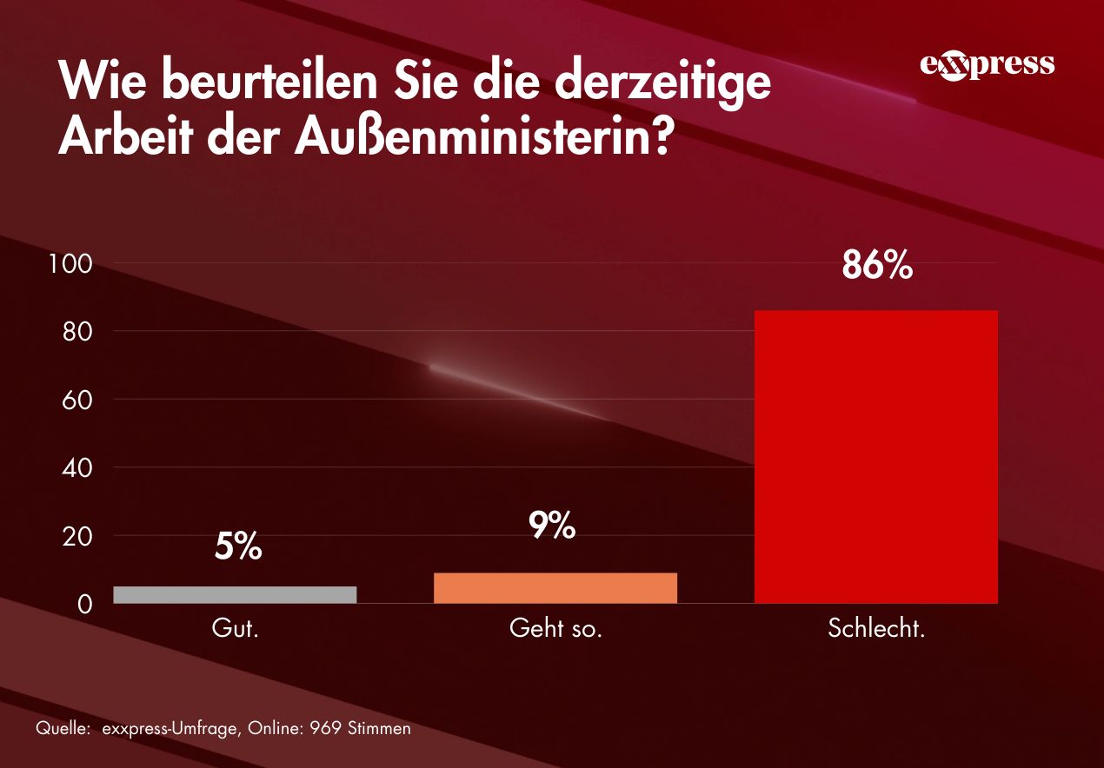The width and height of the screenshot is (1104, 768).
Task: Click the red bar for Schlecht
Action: [x=875, y=456]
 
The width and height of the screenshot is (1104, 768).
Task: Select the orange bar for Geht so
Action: [x=555, y=587]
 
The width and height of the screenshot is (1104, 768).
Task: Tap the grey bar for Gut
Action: [x=235, y=594]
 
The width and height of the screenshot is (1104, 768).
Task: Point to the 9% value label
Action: [x=552, y=525]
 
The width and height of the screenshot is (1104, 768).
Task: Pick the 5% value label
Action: [x=238, y=547]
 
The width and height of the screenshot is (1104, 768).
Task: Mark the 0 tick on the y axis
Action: [x=84, y=604]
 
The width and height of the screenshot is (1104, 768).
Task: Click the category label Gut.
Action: [x=236, y=628]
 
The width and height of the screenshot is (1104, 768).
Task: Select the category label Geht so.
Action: [x=555, y=628]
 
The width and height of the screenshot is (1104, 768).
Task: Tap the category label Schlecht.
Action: [x=876, y=628]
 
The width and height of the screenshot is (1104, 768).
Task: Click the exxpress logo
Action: [x=987, y=65]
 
